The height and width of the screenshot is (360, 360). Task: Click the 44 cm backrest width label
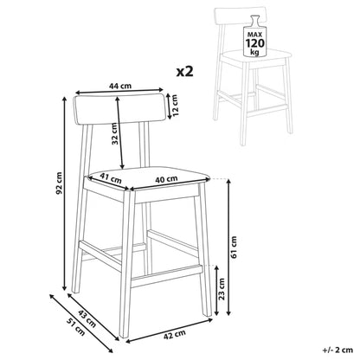coord(120,86)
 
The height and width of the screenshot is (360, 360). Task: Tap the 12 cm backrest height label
coord(175,105)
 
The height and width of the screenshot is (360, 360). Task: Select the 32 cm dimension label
coord(115,133)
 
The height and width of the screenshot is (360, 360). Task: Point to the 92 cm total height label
coord(59,183)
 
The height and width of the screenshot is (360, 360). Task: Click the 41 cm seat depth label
coord(111,177)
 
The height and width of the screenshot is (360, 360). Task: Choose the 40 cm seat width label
coord(166,179)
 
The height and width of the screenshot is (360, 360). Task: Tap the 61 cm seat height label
coord(234,247)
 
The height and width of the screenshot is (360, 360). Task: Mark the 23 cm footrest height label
coord(222,289)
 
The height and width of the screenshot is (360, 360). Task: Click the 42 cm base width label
coord(175,335)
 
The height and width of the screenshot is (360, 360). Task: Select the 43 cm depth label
coord(87,318)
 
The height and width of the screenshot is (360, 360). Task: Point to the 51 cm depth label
coord(76,326)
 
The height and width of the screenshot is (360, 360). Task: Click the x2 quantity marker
coord(185,71)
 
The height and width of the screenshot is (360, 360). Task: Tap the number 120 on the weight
coord(254,43)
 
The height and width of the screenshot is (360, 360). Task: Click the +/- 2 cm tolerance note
coord(337,350)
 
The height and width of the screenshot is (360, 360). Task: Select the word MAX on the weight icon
coord(254,35)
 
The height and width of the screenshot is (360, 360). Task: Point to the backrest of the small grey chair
coord(240,17)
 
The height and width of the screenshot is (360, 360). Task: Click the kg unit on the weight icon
coord(254,52)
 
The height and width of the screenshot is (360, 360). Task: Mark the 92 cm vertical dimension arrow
coord(65,193)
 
